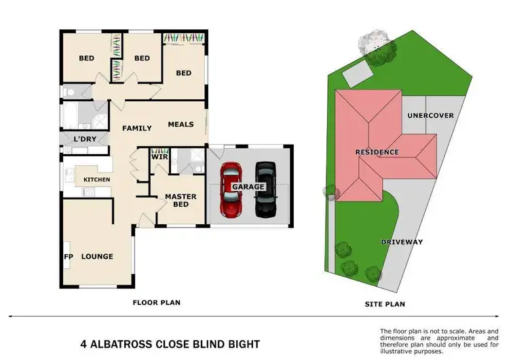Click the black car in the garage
265,189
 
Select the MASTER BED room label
181,200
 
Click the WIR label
159,157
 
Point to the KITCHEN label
96,179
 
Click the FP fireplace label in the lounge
69,257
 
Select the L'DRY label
84,140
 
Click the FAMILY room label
136,128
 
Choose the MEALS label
181,124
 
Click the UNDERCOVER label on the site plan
430,115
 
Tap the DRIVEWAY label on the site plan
401,242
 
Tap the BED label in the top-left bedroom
86,58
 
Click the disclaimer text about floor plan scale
442,341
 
